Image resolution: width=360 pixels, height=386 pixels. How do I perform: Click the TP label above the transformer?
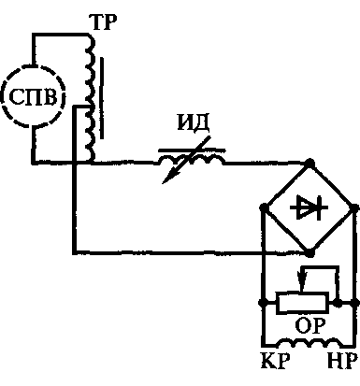103,22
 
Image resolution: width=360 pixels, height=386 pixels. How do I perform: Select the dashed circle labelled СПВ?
34,65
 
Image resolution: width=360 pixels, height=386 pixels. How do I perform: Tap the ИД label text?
194,123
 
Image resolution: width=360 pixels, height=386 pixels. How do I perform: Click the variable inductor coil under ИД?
191,160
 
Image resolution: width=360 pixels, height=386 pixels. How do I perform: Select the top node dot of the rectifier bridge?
310,163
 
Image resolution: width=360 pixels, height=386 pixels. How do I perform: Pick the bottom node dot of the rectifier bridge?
310,252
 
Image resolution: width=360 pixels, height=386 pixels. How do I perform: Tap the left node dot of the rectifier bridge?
264,207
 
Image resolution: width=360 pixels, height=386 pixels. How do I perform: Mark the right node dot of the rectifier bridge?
354,207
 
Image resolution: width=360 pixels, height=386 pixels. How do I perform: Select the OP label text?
310,325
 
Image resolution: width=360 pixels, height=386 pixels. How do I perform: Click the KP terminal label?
275,361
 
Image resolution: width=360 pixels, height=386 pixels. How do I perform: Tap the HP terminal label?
342,361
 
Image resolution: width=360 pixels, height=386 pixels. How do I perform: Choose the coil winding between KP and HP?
310,343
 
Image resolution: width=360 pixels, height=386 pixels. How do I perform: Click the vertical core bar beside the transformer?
102,97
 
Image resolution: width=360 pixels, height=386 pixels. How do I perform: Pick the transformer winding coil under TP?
90,99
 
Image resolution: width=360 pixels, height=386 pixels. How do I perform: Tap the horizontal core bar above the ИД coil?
192,150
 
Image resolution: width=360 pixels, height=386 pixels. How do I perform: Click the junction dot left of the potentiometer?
262,303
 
